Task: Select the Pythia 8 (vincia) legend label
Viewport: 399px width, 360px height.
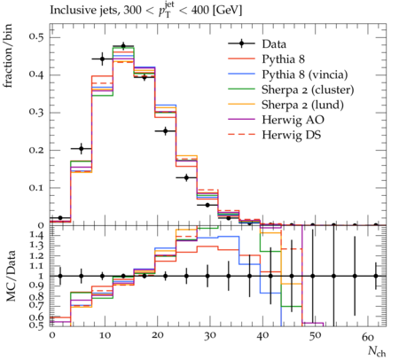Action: point(305,74)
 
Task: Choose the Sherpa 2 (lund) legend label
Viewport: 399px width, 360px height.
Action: point(302,105)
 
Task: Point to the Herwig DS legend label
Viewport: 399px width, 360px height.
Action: point(292,135)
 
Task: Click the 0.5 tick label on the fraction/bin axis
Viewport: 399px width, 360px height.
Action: point(36,37)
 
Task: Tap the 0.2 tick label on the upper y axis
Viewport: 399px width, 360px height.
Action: point(36,150)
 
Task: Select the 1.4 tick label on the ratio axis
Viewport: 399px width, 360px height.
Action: point(36,235)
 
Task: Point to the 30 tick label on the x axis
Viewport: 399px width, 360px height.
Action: point(209,335)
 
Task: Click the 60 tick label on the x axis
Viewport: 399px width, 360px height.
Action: point(368,336)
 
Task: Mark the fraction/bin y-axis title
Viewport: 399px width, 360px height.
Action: point(8,56)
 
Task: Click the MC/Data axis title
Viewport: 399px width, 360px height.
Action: point(11,276)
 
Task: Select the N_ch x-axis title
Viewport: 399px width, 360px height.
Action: point(377,351)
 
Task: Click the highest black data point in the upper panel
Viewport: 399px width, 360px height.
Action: point(123,46)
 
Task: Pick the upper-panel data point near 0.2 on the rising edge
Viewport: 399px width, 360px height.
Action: point(82,148)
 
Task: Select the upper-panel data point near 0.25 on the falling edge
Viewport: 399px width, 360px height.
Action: point(166,131)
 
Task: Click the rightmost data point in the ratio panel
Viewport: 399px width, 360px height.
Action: point(376,276)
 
